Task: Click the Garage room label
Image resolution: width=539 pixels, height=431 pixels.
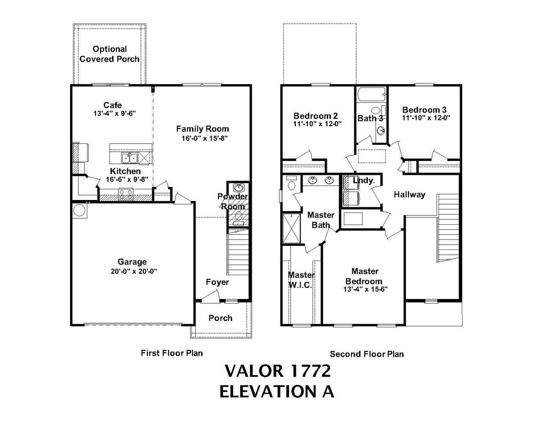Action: click(132, 262)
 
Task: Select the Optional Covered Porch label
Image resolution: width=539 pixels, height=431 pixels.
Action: click(109, 54)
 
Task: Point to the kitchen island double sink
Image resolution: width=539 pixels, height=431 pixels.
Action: click(129, 158)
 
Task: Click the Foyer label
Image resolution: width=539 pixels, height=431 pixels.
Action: click(217, 282)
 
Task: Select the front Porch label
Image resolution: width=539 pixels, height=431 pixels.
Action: click(221, 318)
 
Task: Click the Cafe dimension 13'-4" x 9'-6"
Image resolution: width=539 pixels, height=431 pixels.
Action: click(113, 114)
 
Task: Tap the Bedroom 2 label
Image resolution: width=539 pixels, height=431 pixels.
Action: click(315, 116)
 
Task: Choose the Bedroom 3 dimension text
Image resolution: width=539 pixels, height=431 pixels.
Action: click(425, 118)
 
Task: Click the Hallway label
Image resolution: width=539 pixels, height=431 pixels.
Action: click(410, 194)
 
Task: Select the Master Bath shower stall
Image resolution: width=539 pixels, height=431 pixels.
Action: click(291, 226)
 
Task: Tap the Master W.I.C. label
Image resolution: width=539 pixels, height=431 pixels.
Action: click(301, 279)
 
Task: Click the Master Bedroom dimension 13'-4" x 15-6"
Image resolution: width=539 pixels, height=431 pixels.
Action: click(365, 289)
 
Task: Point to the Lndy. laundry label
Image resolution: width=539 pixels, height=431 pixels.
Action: click(364, 181)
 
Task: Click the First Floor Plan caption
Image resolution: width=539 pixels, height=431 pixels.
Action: click(172, 353)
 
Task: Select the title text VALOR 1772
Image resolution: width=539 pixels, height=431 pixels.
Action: click(277, 371)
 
